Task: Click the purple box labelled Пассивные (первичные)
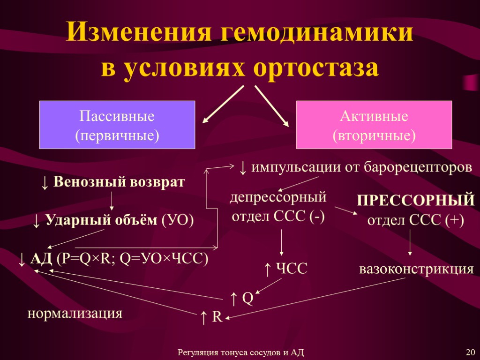point(117,125)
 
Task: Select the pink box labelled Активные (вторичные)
point(374,125)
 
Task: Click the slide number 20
point(470,352)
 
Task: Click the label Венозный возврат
point(119,182)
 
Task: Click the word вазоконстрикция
point(416,270)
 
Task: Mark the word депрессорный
point(277,196)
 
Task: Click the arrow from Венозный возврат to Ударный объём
point(112,201)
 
